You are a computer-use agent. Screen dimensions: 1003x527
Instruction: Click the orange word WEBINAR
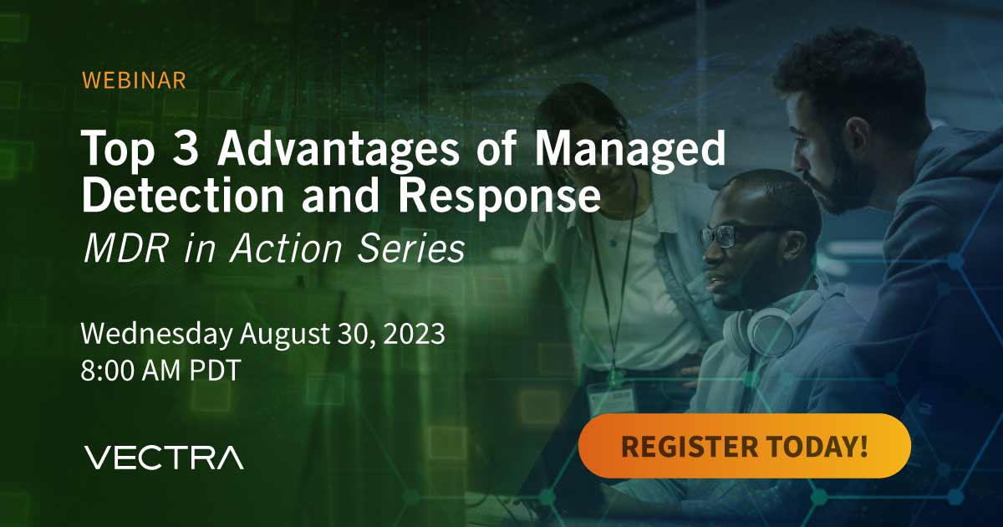point(134,80)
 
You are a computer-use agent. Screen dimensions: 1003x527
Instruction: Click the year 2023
point(415,334)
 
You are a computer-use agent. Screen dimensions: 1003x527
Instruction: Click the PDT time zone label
point(215,370)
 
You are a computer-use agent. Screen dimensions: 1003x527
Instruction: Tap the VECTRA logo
point(164,458)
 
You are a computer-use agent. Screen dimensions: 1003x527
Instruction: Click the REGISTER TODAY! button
point(745,446)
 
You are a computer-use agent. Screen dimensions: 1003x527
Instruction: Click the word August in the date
point(284,335)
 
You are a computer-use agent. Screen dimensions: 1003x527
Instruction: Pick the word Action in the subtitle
point(286,248)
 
